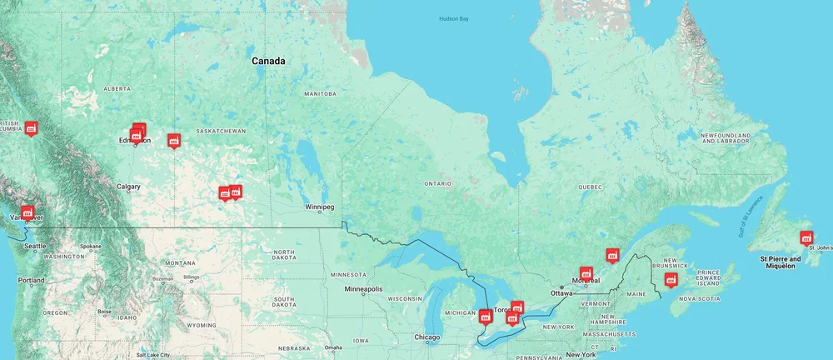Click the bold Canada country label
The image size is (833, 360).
coord(268,61)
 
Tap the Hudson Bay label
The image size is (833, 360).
coord(454,19)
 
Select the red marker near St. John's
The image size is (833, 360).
coord(806,237)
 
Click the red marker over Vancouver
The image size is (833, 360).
coord(27,213)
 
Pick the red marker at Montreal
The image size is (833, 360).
coord(586,273)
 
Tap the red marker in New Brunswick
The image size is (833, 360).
coord(671,279)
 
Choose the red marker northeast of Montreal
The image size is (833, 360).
coord(613,255)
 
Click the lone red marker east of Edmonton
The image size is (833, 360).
coord(173,140)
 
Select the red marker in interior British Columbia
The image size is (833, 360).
coord(31,127)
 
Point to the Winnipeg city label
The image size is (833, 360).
coord(319,207)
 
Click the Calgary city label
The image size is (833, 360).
coord(128,187)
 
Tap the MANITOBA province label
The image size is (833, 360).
coord(320,94)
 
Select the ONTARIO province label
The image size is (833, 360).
coord(437,183)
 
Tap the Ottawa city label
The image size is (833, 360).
coord(561,293)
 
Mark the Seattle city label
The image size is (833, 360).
coord(35,246)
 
